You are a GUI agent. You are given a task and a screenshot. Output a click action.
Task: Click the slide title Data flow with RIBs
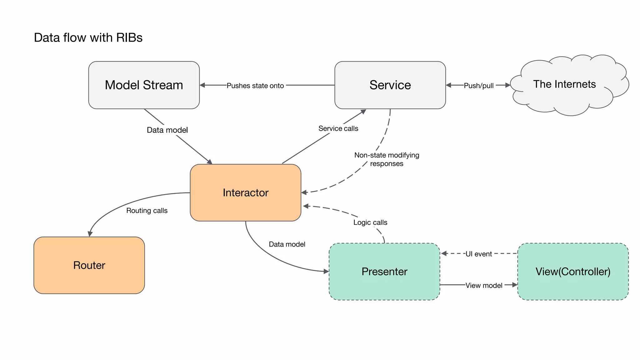coord(88,37)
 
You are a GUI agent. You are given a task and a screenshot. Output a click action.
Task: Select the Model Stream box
coord(144,85)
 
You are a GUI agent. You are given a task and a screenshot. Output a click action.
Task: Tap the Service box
coord(390,85)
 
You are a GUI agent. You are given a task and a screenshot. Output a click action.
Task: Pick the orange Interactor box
coord(245,192)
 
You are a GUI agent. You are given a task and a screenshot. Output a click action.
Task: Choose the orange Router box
coord(89,265)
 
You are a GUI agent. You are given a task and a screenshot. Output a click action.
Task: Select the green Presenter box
coord(384,271)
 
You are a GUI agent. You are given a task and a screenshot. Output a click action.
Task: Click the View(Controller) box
coord(573,271)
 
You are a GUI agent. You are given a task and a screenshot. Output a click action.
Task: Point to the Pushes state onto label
coord(255,86)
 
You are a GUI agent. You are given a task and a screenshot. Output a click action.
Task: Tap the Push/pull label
coord(478,86)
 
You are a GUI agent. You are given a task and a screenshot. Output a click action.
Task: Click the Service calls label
coord(338,128)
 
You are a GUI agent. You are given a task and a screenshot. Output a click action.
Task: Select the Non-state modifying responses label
coord(387,159)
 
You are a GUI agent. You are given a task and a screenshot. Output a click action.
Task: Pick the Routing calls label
coord(147,211)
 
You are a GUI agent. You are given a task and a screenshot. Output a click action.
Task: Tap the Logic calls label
coord(370,222)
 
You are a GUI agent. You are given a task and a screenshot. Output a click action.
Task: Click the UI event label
coord(478,254)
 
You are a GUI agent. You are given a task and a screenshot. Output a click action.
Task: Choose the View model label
coord(484,285)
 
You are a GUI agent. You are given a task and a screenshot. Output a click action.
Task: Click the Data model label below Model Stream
coord(167,130)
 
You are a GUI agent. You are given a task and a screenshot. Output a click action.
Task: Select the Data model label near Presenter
coord(287,244)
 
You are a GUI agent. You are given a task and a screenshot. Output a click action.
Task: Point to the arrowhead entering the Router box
coord(90,234)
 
